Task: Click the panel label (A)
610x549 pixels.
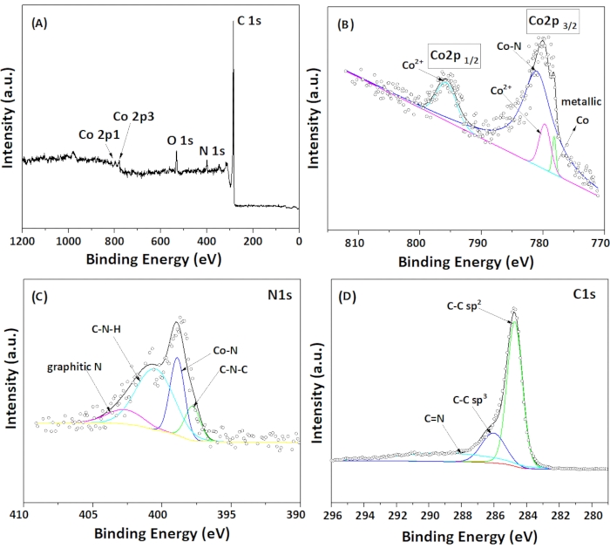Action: pos(39,24)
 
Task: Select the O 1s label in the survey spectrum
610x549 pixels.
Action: pos(179,138)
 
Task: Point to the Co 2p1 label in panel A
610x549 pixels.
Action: pos(97,135)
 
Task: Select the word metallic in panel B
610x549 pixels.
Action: pos(575,100)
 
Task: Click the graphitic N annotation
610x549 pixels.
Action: pos(74,367)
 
